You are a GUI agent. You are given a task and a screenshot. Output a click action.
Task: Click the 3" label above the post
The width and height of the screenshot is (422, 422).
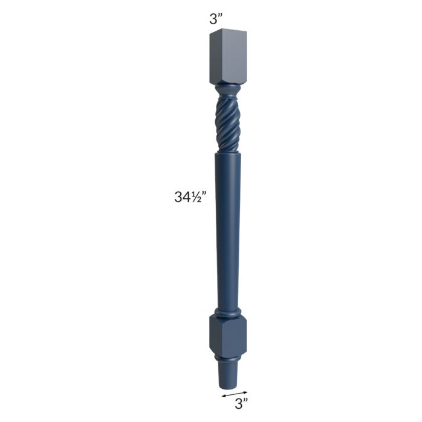pos(216,19)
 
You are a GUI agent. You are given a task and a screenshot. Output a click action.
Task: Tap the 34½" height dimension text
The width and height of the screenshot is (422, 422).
pos(191,197)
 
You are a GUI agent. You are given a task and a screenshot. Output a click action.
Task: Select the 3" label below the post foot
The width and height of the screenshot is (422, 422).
pos(241,404)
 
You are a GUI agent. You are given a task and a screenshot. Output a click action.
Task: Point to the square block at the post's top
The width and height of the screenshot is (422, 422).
pos(228,56)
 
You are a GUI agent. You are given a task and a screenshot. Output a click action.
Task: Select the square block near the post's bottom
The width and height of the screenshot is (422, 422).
pos(228,336)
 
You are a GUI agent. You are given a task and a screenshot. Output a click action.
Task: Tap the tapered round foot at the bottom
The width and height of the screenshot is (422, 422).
pos(228,376)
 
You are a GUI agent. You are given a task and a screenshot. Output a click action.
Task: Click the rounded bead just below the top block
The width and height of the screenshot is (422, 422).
pos(228,88)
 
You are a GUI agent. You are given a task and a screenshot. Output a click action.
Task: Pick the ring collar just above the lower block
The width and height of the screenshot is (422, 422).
pos(227,313)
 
